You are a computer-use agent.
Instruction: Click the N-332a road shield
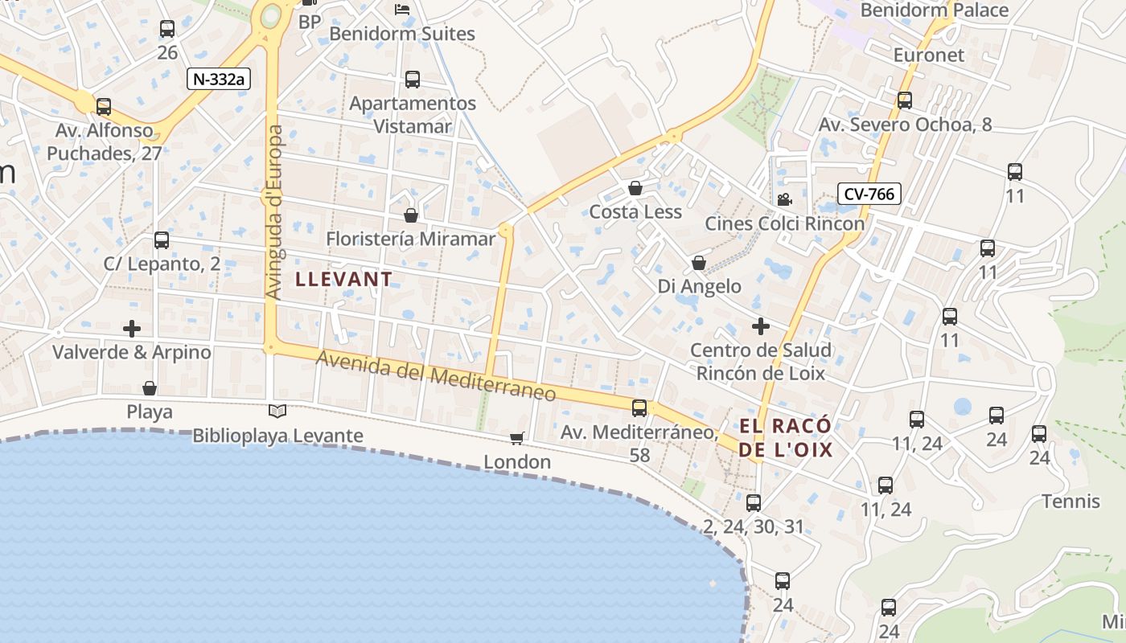point(219,79)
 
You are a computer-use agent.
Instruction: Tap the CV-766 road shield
point(869,194)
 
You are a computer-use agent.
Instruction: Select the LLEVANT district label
point(344,279)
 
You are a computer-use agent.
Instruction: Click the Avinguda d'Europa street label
point(273,213)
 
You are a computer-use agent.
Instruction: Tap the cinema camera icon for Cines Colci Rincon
point(784,199)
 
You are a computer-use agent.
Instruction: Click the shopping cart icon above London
point(516,438)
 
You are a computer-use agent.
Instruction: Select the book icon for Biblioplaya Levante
point(277,412)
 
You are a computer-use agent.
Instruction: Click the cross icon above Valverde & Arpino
point(132,328)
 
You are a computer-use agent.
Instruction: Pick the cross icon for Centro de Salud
point(760,326)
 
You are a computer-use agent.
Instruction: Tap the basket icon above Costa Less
point(635,188)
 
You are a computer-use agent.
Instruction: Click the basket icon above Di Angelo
point(699,263)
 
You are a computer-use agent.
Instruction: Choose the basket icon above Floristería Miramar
point(411,215)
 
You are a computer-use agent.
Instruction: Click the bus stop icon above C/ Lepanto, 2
point(162,240)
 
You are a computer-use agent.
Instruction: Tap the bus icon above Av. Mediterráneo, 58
point(639,408)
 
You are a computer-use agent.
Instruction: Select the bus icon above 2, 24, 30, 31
point(754,503)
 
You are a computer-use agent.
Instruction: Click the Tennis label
point(1071,502)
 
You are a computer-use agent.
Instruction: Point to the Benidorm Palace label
point(934,10)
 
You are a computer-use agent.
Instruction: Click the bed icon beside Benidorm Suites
point(402,10)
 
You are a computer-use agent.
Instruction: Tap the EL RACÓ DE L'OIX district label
point(786,438)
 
